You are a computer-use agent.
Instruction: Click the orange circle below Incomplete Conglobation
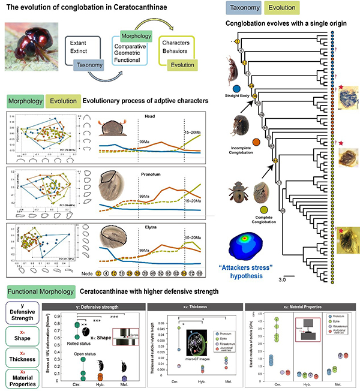pyautogui.click(x=256, y=142)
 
